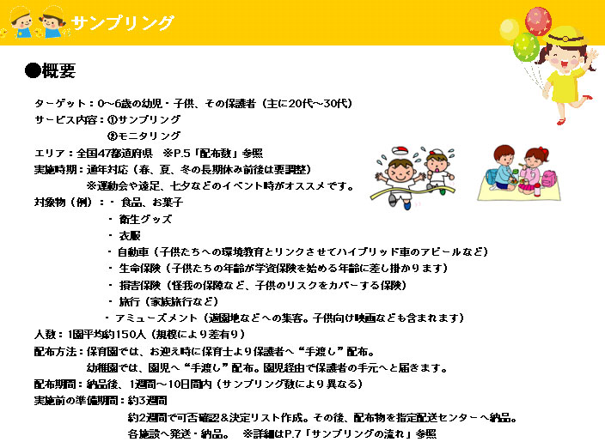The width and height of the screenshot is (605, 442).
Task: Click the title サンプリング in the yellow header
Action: click(x=123, y=22)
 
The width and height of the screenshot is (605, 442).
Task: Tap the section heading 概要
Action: click(x=58, y=70)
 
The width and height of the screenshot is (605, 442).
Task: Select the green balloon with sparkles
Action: click(x=526, y=47)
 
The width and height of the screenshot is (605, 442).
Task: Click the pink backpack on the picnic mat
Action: click(x=548, y=179)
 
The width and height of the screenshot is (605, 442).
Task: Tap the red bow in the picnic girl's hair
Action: click(x=543, y=149)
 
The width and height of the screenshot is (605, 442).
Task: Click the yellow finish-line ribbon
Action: click(x=412, y=192)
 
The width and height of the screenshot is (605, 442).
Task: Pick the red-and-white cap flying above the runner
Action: click(x=400, y=151)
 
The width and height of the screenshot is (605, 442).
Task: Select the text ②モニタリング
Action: click(x=144, y=136)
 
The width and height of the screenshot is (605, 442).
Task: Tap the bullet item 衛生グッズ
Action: click(x=145, y=219)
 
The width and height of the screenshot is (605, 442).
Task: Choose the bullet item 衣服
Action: click(x=130, y=236)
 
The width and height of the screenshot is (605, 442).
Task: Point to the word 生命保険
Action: click(x=140, y=269)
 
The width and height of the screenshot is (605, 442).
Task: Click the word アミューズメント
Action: click(x=156, y=318)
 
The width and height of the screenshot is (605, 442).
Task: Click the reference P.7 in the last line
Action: click(x=292, y=434)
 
